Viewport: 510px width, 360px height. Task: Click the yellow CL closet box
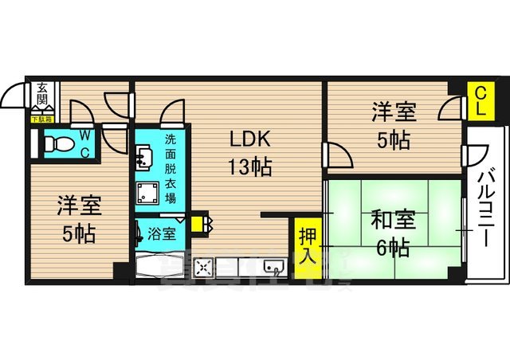[480, 101]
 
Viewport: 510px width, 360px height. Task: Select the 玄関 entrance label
[41, 96]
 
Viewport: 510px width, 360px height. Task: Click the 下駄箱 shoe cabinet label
[41, 119]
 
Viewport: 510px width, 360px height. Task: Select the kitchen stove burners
[205, 268]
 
